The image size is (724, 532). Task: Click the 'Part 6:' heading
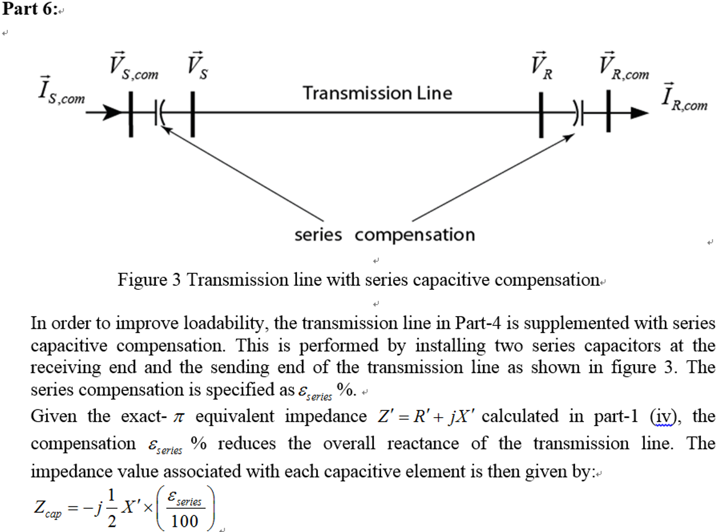coord(30,9)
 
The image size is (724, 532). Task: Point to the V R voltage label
coord(542,66)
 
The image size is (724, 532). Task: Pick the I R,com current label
coord(684,97)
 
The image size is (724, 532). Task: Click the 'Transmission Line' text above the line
coord(377,93)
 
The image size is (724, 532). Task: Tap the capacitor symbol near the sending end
coord(160,113)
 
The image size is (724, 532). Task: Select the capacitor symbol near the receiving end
coord(578,113)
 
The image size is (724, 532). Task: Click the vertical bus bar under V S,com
coord(131,114)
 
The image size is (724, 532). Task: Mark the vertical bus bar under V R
coord(541,114)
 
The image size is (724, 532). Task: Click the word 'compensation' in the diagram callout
coord(415,235)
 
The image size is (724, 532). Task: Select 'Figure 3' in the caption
coord(149,280)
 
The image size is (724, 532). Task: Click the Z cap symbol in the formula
coord(47,508)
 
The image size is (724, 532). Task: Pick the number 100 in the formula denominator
coord(184,521)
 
